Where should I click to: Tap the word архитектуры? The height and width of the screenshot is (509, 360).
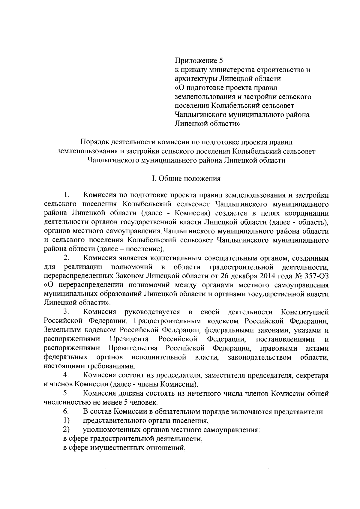click(x=195, y=79)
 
